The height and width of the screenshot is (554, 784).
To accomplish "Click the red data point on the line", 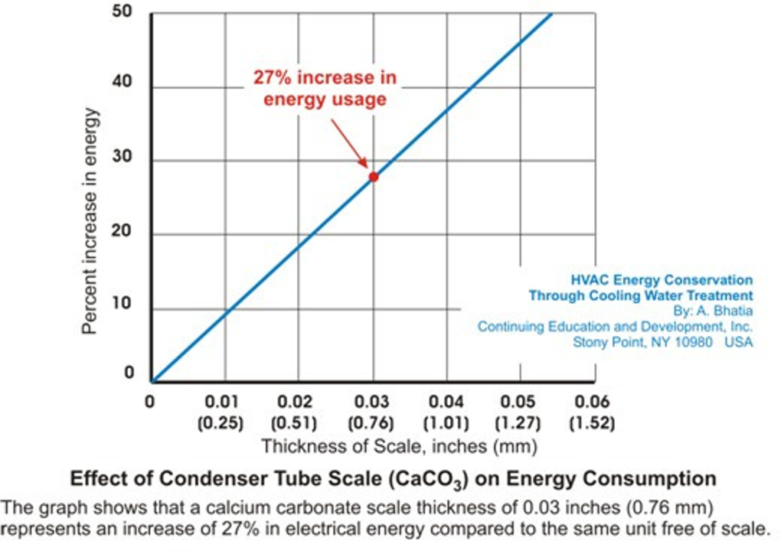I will (374, 177).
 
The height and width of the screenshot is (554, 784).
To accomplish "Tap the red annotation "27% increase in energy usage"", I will (325, 89).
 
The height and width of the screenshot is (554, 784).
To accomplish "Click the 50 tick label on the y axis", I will (123, 13).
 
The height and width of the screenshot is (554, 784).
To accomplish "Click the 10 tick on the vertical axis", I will (123, 305).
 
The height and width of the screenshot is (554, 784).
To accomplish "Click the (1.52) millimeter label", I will (593, 422).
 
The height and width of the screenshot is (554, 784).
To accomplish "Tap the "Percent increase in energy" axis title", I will (90, 220).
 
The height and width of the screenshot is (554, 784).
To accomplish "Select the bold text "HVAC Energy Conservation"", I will (662, 281).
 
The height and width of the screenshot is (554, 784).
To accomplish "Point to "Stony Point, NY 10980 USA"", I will (663, 342).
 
